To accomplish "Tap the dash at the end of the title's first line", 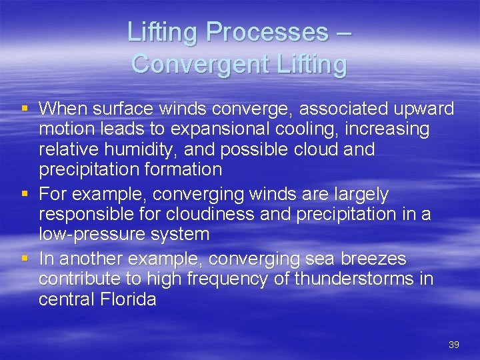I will coord(344,32).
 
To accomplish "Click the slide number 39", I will coord(454,345).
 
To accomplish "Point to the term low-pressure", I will coord(95,235).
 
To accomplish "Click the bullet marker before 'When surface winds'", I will coord(25,108).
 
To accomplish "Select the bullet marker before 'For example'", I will coord(25,194).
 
